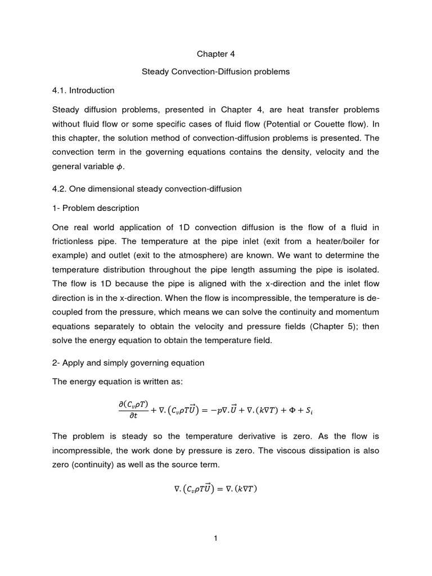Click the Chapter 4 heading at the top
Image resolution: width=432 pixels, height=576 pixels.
215,54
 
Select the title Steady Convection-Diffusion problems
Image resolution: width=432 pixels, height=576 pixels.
215,72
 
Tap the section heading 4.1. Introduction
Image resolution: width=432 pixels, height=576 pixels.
83,90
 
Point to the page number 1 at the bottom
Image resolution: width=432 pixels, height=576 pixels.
215,538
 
